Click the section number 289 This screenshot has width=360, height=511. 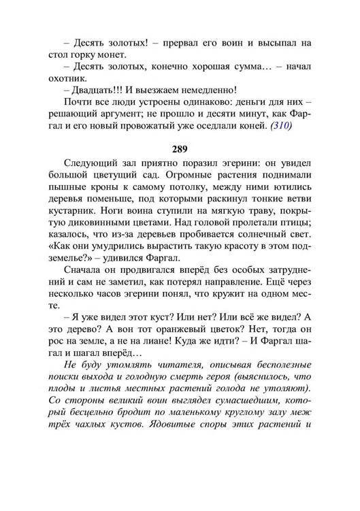coord(180,148)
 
